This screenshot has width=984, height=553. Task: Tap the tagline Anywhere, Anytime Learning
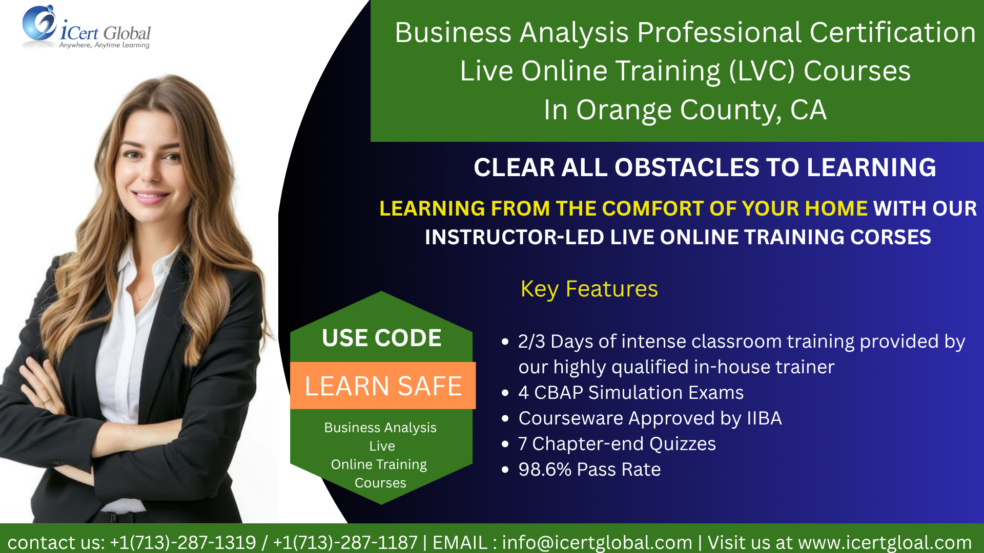coord(104,45)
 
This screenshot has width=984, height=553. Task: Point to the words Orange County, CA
coord(701,110)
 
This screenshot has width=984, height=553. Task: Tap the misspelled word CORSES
coord(891,237)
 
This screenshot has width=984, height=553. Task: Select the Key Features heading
coord(589,289)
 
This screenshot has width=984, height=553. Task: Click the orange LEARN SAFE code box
coord(383,386)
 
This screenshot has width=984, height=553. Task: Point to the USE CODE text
coord(382,338)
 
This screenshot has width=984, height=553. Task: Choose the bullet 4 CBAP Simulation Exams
coord(631,393)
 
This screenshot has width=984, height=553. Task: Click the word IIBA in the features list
coord(764,418)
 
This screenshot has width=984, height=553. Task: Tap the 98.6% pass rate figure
coord(545,470)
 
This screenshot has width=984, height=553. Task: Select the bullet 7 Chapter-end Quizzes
coord(617,444)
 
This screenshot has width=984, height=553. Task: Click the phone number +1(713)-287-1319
coord(183,542)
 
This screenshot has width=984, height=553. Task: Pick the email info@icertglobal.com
coord(597,542)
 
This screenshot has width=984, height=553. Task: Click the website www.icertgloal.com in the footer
coord(885,542)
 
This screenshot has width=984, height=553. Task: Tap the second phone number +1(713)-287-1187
coord(345,542)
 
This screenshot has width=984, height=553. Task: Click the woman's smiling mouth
coord(150,196)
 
